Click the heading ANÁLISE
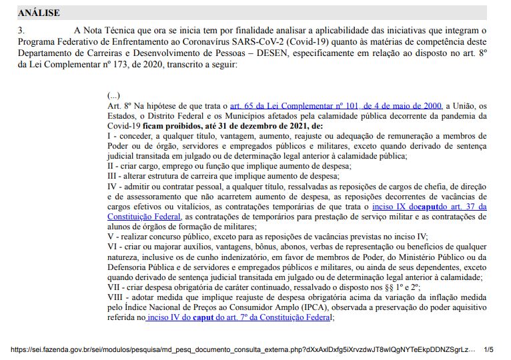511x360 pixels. click(x=39, y=13)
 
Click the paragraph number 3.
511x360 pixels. click(x=22, y=30)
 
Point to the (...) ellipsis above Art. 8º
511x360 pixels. click(x=113, y=95)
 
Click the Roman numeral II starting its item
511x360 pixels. click(x=111, y=166)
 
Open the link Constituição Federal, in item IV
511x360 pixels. click(x=144, y=217)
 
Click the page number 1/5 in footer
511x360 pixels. click(x=488, y=349)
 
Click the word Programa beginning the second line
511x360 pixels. click(x=37, y=41)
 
